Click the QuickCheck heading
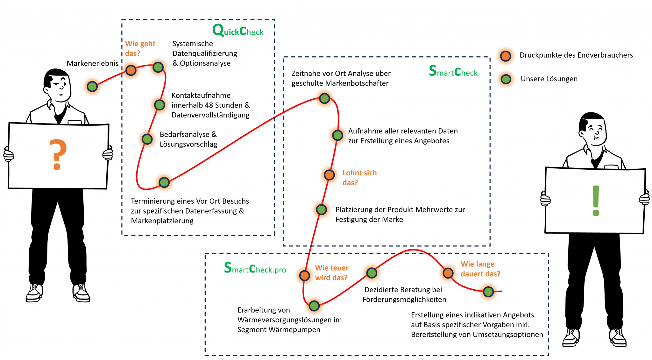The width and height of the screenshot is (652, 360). pos(238,31)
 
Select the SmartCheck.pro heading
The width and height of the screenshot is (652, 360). pos(255,268)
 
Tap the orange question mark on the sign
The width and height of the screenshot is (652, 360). pos(58,154)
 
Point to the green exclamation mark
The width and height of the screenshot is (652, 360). pos(596,201)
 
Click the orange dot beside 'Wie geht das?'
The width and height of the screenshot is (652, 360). pos(131,70)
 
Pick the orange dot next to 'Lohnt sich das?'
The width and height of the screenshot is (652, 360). pos(329,175)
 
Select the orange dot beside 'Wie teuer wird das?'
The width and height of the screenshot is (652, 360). pos(305,275)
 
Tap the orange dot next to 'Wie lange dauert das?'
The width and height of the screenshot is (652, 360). pos(448,273)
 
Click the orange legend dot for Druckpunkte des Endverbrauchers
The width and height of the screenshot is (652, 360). pos(506,56)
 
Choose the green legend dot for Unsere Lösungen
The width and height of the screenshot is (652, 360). pos(506,79)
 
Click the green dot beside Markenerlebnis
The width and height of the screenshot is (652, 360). pos(92,86)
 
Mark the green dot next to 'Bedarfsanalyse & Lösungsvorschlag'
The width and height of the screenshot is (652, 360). pos(147,139)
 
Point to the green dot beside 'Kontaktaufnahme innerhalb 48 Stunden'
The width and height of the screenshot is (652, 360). pos(159,105)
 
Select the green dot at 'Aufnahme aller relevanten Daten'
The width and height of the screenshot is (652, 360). pos(337,135)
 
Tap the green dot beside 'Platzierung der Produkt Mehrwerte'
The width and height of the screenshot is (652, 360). pos(322,209)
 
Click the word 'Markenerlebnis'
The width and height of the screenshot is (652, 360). pos(92,63)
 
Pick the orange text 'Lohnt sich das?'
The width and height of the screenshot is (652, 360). pos(359,178)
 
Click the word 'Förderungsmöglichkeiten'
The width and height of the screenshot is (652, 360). pos(404,300)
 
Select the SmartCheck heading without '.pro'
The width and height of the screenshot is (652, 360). pos(453,72)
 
